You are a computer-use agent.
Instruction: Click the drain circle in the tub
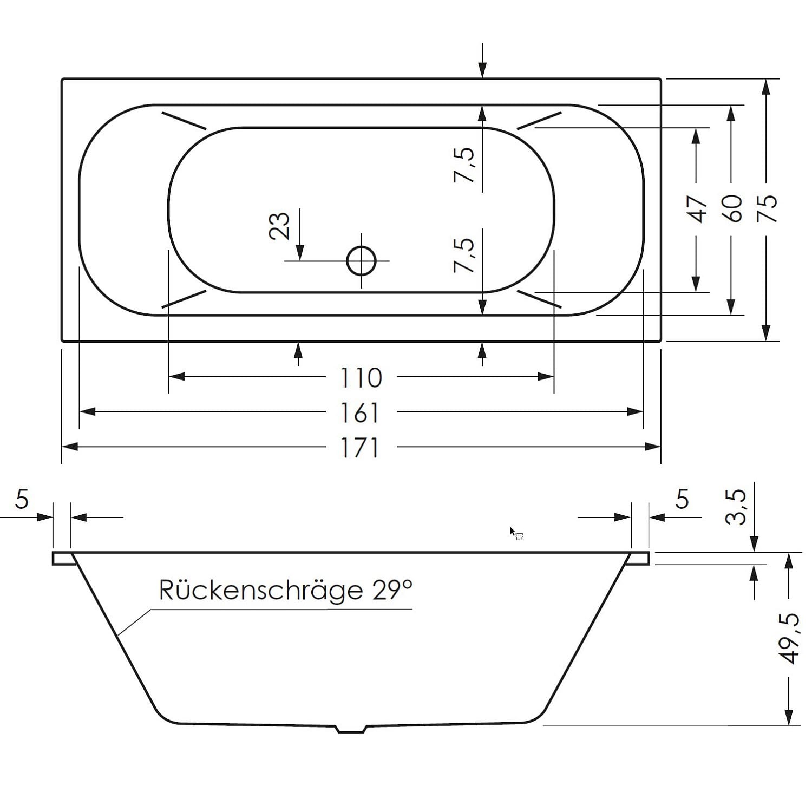[361, 261]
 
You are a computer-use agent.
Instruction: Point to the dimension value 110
[361, 378]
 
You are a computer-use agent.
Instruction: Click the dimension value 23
[280, 225]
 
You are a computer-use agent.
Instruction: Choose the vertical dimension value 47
[698, 208]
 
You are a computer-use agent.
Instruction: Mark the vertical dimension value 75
[768, 208]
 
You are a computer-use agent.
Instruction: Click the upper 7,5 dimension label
[465, 165]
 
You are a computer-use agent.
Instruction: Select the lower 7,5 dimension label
[465, 255]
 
